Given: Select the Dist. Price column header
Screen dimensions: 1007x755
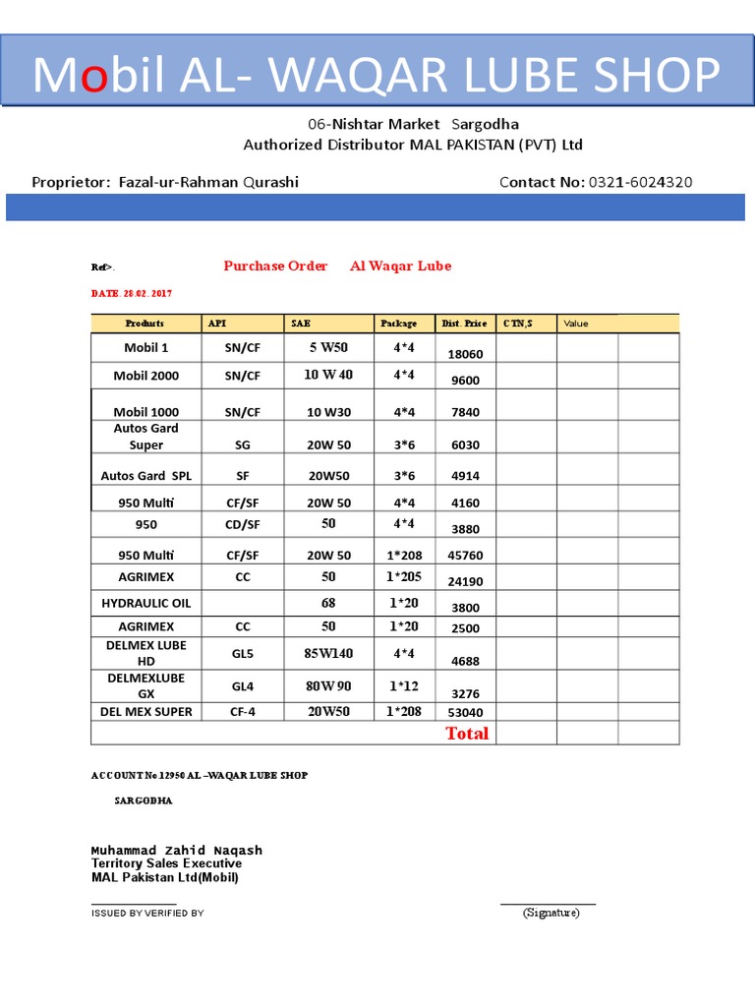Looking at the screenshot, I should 464,324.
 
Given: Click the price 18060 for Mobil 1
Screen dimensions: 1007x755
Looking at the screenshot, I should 465,354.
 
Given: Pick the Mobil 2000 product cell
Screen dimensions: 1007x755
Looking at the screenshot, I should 145,376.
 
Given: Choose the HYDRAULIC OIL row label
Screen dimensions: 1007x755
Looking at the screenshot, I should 146,603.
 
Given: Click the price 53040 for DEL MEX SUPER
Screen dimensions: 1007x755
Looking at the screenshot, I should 465,712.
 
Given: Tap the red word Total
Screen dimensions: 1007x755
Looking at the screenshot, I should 467,734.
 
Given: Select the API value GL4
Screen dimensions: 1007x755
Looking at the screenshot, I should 243,686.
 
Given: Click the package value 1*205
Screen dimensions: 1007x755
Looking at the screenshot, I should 403,576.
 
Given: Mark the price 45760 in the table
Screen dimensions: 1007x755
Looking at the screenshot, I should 465,556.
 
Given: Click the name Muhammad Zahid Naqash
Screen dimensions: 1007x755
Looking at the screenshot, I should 177,850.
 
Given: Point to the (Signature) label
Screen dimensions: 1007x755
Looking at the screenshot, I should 551,913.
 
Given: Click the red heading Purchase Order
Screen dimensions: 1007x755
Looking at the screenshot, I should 275,267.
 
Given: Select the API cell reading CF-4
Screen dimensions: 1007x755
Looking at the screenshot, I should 243,712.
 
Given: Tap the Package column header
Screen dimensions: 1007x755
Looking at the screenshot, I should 399,324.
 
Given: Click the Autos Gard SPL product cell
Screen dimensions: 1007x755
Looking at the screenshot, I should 146,476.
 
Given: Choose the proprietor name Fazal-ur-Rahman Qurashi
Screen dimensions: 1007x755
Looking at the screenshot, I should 208,182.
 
